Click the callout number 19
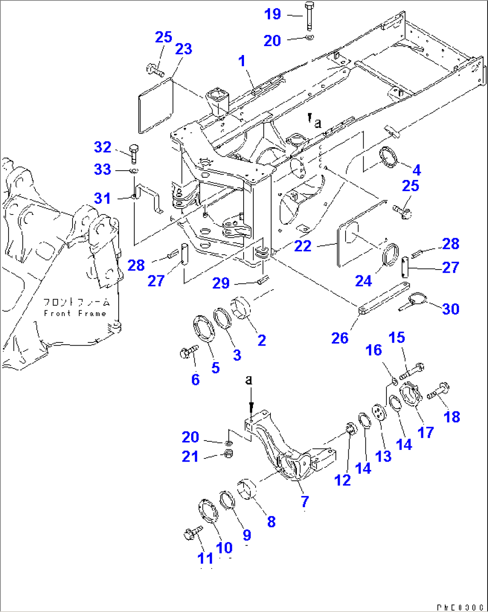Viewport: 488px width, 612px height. (x=272, y=14)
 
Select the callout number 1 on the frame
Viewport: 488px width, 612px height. (x=242, y=61)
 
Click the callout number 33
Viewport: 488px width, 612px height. (x=102, y=169)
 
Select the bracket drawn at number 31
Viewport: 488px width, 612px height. (x=148, y=197)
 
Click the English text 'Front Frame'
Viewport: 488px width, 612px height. (x=75, y=313)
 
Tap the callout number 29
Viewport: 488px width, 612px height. (x=221, y=283)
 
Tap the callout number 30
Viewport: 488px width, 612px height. (x=450, y=309)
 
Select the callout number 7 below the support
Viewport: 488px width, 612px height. (x=304, y=500)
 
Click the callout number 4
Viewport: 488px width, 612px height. (x=416, y=170)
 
